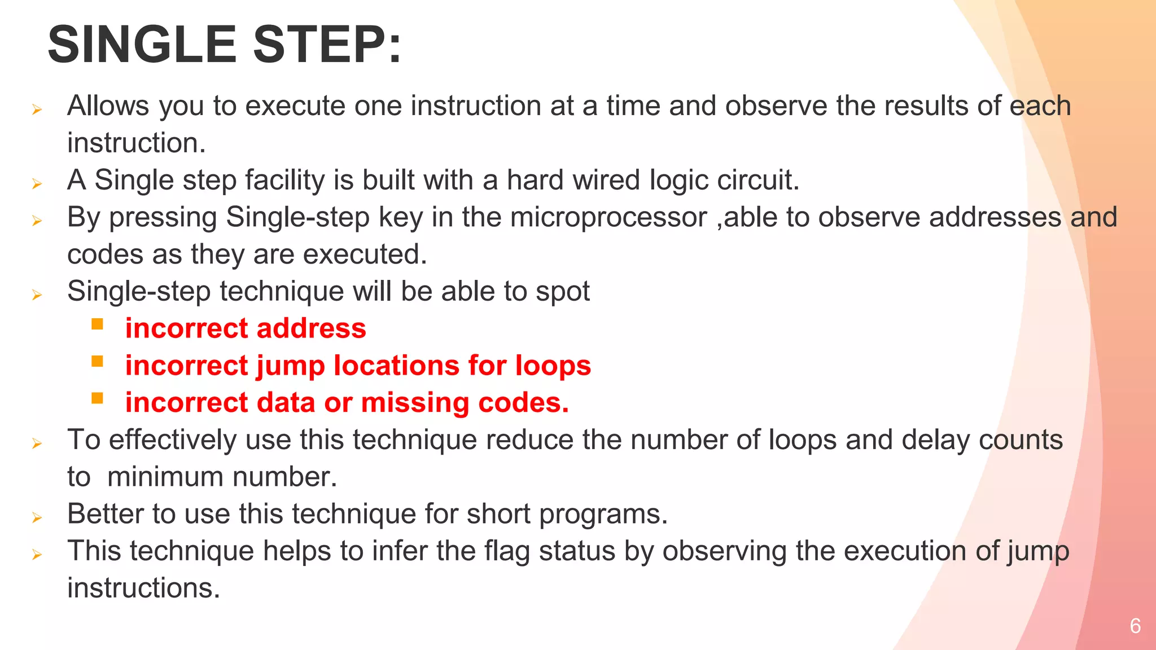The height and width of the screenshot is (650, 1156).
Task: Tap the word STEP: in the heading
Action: click(327, 45)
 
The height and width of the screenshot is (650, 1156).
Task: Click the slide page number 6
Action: click(1135, 626)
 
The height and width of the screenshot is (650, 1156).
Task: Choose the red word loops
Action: click(553, 366)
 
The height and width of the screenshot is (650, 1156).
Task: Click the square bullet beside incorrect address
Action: click(97, 324)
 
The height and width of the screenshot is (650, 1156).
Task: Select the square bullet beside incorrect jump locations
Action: click(97, 361)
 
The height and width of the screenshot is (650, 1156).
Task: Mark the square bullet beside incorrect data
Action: click(97, 398)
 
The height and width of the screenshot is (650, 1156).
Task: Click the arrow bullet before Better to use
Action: click(37, 517)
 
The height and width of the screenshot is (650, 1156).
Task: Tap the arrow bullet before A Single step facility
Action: click(37, 183)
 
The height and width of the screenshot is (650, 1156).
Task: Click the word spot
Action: click(562, 292)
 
